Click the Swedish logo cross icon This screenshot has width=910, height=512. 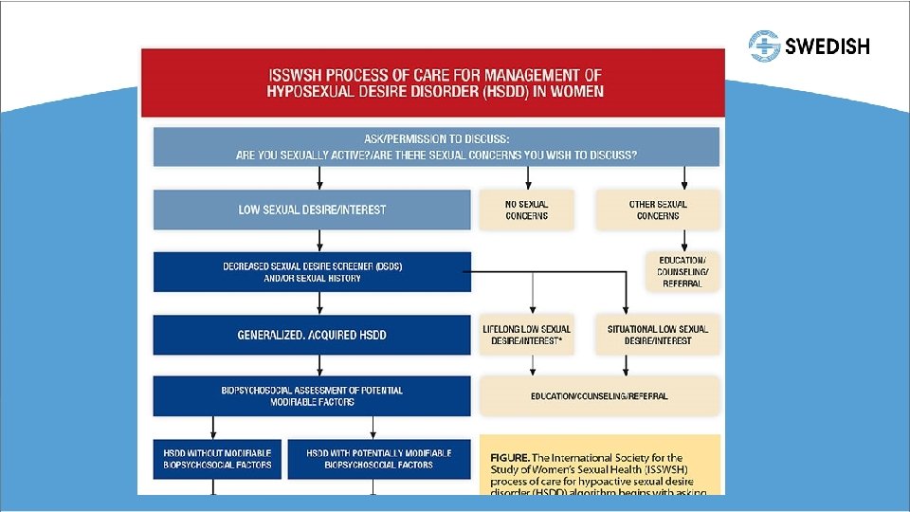(764, 46)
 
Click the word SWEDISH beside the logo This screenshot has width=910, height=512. (828, 46)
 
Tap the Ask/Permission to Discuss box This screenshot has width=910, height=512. (436, 147)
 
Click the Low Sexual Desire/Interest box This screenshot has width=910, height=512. (312, 210)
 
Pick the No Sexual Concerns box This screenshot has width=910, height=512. (527, 210)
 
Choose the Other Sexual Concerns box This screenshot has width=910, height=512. (658, 210)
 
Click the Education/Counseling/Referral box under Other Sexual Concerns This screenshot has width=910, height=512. (682, 271)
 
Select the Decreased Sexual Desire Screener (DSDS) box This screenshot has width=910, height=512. (312, 272)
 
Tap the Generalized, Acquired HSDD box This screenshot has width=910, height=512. (312, 335)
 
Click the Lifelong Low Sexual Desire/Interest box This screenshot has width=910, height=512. (527, 335)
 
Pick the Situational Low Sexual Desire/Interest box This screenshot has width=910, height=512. (658, 335)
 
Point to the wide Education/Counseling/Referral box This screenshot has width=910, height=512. (599, 396)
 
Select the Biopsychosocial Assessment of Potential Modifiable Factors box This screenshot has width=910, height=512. (312, 396)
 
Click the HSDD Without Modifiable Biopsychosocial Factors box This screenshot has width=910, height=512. (217, 459)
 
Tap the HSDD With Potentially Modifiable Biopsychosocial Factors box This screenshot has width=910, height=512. (378, 459)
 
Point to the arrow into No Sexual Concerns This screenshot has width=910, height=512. (528, 177)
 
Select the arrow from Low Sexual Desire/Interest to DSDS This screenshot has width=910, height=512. (319, 241)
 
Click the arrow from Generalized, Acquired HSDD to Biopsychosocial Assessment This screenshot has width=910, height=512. (319, 365)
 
